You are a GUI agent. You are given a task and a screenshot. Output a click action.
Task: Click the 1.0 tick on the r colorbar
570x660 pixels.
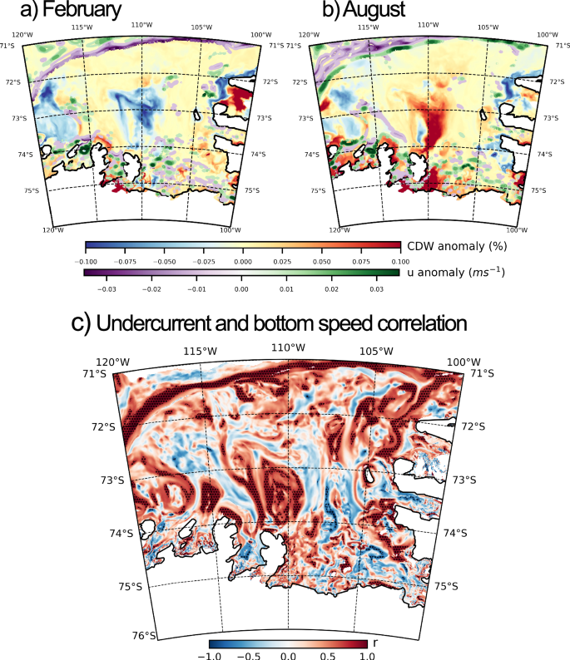[367, 655]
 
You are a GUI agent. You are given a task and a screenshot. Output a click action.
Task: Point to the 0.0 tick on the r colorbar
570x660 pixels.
[288, 655]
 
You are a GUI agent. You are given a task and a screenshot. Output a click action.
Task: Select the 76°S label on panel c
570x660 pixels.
[145, 636]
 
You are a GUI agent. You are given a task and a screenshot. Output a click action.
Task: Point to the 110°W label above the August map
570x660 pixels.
[428, 25]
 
